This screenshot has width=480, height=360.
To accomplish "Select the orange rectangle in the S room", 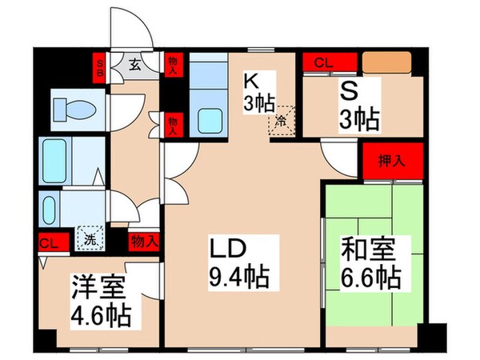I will pyautogui.click(x=386, y=62).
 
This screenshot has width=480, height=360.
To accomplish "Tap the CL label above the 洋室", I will pyautogui.click(x=47, y=241).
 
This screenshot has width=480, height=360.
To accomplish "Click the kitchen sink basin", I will pyautogui.click(x=206, y=119).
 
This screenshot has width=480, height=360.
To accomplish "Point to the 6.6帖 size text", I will pyautogui.click(x=372, y=278).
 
